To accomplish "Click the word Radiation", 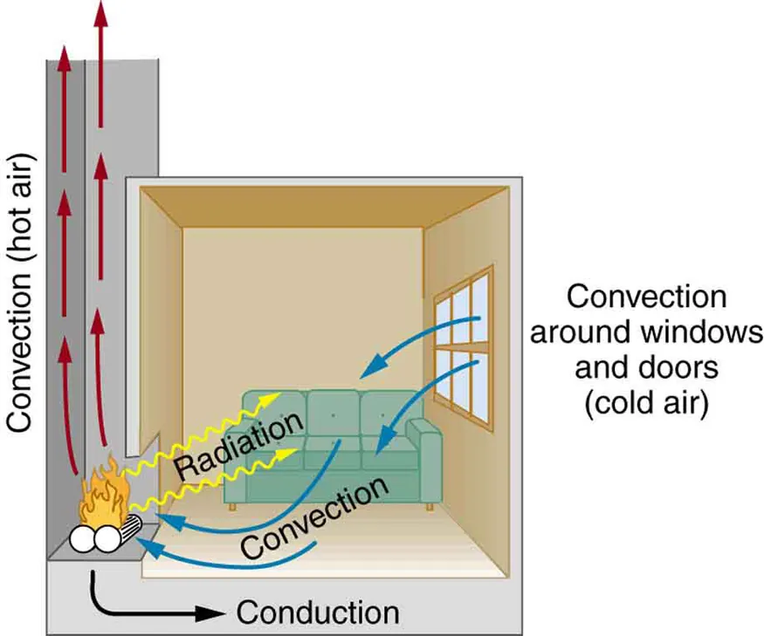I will [238, 447].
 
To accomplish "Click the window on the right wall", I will [463, 344].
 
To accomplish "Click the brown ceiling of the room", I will [323, 205].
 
